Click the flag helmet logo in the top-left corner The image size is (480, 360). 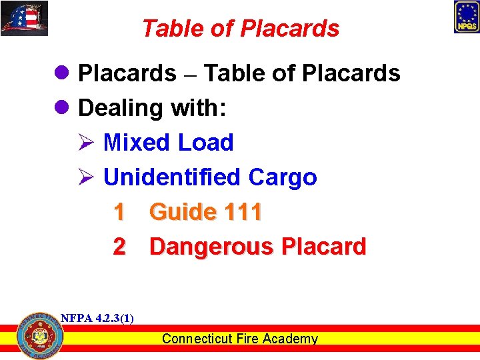[x=25, y=19]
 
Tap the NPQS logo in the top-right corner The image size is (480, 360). [x=466, y=17]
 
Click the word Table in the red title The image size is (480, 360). [x=169, y=29]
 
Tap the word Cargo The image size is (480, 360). [x=282, y=177]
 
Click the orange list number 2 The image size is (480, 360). [x=119, y=247]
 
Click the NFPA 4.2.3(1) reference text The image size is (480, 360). [x=97, y=318]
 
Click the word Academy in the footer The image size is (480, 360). [x=290, y=339]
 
